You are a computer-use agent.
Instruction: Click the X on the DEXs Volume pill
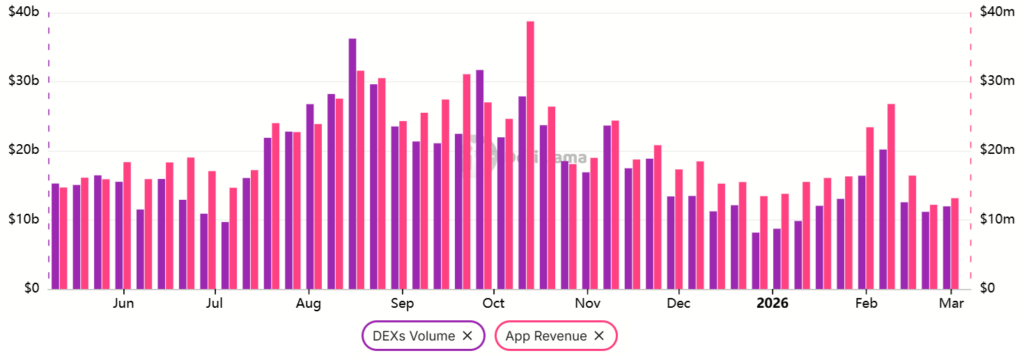(467, 336)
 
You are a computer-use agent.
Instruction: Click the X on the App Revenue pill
(599, 336)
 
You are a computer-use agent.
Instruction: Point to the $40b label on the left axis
(23, 12)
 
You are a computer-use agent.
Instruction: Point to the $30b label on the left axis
(23, 81)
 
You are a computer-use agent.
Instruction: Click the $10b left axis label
(23, 219)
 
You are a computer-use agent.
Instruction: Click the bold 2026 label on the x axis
(773, 302)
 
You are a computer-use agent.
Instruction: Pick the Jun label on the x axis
(124, 302)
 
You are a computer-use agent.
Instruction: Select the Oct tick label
(493, 302)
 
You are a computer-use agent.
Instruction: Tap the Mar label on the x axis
(952, 302)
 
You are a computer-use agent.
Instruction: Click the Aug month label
(308, 302)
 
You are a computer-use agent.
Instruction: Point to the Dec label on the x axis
(678, 302)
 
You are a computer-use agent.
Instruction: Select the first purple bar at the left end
(55, 236)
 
